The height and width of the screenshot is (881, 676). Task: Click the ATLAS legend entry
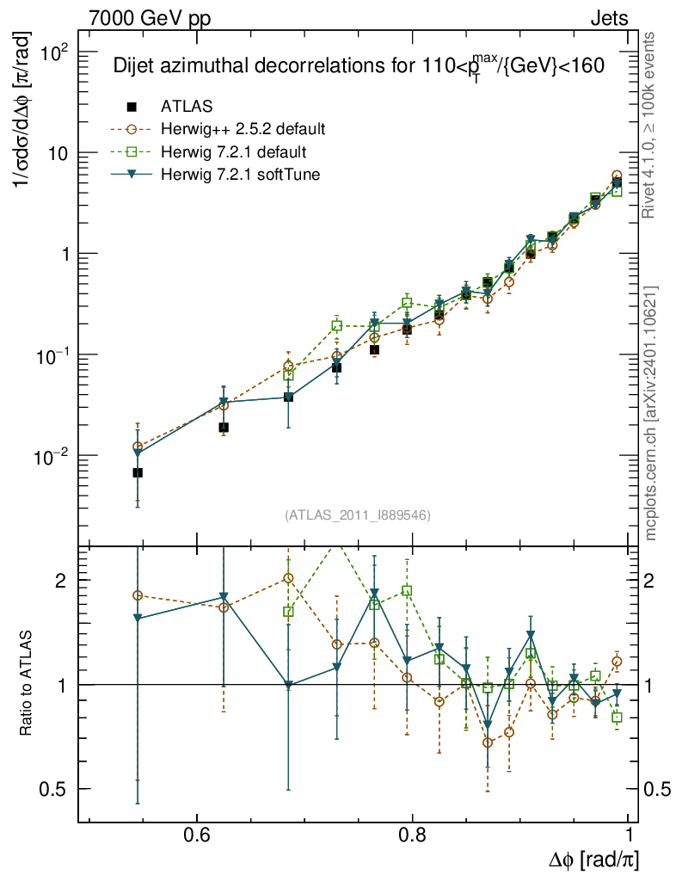pyautogui.click(x=186, y=107)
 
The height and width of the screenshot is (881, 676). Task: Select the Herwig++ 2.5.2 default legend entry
pyautogui.click(x=242, y=130)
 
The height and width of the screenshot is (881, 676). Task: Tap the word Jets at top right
pyautogui.click(x=609, y=17)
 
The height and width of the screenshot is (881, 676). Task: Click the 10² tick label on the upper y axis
pyautogui.click(x=52, y=52)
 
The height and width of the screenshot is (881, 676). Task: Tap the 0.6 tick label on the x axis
pyautogui.click(x=198, y=835)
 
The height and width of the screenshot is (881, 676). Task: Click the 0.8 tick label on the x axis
pyautogui.click(x=413, y=835)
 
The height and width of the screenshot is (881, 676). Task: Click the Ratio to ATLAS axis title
pyautogui.click(x=26, y=684)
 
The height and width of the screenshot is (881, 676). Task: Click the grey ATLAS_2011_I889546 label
pyautogui.click(x=357, y=515)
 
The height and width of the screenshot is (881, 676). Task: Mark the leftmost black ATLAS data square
pyautogui.click(x=138, y=473)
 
